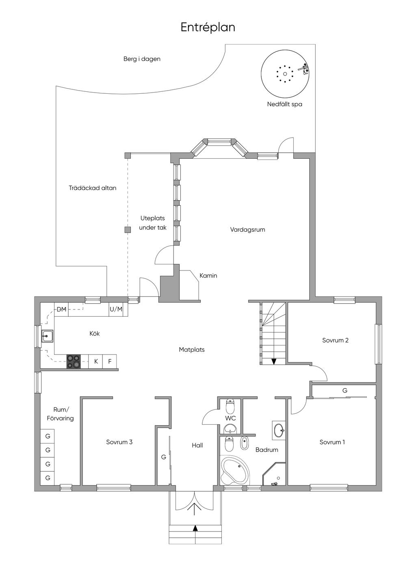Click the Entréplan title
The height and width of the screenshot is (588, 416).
pos(208,28)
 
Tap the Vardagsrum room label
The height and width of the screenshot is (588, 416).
pos(248,230)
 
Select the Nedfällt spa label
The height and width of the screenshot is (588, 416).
pos(285,104)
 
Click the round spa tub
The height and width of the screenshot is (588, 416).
pos(285,74)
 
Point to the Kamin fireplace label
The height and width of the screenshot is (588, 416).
pos(208,276)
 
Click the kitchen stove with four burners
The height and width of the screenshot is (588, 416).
pos(74,362)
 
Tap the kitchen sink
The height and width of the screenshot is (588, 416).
pos(47,336)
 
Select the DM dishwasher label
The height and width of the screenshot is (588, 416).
pos(61,309)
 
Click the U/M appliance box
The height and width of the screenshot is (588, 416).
pos(116,309)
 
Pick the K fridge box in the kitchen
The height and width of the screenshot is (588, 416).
pos(95,362)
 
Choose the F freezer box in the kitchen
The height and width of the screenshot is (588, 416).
pos(110,362)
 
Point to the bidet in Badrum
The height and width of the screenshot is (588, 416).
pos(244,443)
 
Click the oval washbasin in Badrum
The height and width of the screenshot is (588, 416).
pos(278,430)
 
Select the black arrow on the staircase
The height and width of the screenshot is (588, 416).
pos(274,361)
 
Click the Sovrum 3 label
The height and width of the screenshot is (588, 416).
pos(119,442)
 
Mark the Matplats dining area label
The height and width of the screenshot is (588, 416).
pos(192,350)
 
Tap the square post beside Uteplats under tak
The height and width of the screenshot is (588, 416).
pos(128,230)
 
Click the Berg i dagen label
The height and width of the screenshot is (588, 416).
pos(142,59)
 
